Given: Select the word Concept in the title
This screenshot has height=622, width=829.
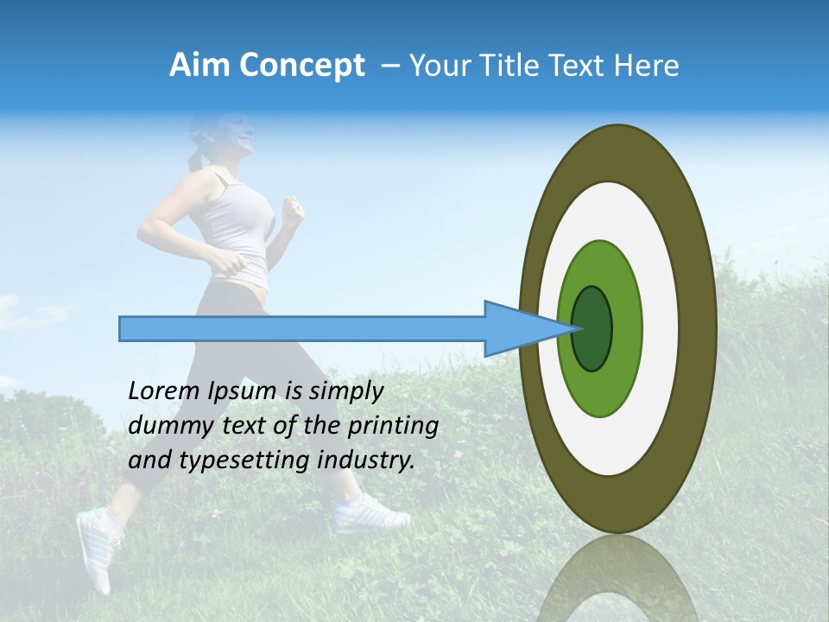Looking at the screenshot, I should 301,66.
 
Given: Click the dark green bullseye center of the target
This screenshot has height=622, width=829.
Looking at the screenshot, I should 592,328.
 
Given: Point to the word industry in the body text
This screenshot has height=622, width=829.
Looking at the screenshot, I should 366,460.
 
